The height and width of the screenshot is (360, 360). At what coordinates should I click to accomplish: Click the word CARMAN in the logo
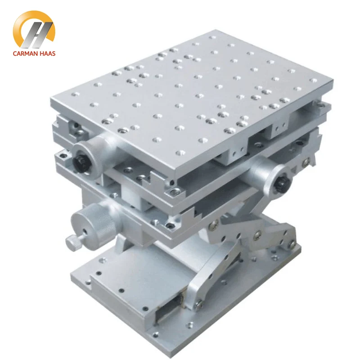pyautogui.click(x=25, y=54)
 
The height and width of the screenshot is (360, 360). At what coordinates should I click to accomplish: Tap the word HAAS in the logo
pyautogui.click(x=47, y=54)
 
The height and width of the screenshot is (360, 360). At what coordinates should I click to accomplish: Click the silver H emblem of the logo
pyautogui.click(x=37, y=35)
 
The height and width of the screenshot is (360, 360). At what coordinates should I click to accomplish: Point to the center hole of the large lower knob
pyautogui.click(x=85, y=231)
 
